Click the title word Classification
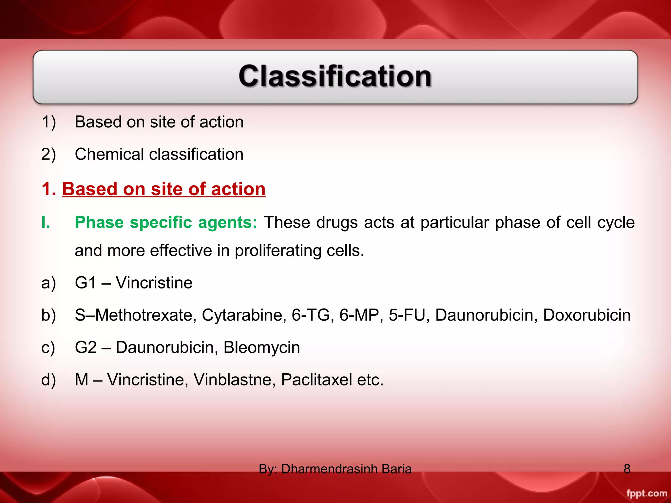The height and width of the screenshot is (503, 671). pyautogui.click(x=335, y=76)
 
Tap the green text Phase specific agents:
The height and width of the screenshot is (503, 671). pyautogui.click(x=166, y=222)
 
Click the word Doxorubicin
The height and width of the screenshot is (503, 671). pyautogui.click(x=586, y=315)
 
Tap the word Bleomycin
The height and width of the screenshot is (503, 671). pyautogui.click(x=261, y=347)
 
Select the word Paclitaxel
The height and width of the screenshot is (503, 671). pyautogui.click(x=316, y=380)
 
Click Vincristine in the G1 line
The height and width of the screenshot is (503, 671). pyautogui.click(x=154, y=283)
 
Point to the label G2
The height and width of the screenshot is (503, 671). pyautogui.click(x=86, y=347)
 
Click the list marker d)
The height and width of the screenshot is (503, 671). pyautogui.click(x=48, y=380)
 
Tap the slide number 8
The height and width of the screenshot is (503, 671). pyautogui.click(x=627, y=469)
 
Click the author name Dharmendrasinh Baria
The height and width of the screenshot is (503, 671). pyautogui.click(x=346, y=469)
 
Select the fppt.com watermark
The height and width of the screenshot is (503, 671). pyautogui.click(x=646, y=493)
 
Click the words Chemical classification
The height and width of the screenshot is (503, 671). pyautogui.click(x=159, y=154)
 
